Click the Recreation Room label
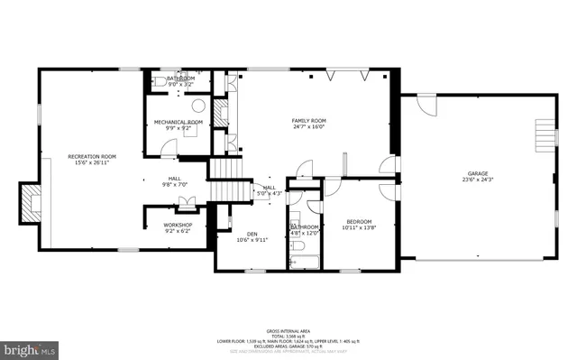tap(92, 157)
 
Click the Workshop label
tap(177, 225)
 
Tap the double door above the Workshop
tap(187, 202)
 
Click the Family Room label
tap(308, 120)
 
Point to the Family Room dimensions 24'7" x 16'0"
tap(308, 127)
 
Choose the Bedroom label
tap(360, 222)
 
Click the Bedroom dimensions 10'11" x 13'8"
tap(360, 229)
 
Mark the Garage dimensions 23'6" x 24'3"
tap(479, 180)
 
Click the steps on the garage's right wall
tap(545, 135)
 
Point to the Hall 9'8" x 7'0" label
tap(174, 181)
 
